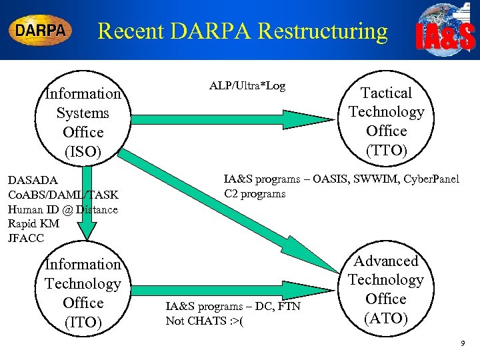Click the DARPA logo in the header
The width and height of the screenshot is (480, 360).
[40, 31]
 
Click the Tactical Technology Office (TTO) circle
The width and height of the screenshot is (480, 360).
[386, 121]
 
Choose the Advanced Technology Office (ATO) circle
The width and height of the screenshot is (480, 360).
[386, 289]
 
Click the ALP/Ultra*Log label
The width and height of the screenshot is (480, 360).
[247, 86]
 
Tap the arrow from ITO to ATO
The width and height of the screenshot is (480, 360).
[233, 289]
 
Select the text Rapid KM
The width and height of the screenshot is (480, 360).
[33, 224]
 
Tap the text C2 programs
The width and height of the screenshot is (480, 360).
[255, 194]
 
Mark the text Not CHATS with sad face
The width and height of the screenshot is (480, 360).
[204, 321]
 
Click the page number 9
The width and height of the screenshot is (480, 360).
[463, 344]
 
